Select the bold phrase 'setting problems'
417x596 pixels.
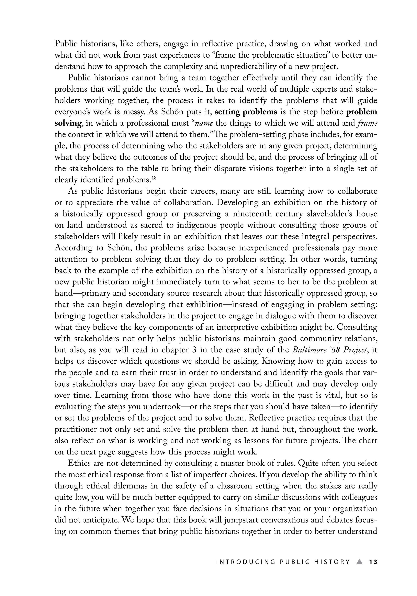point(246,112)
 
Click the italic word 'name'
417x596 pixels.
point(204,123)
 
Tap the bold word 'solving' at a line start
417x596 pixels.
point(68,123)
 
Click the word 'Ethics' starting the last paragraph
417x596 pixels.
point(79,463)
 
